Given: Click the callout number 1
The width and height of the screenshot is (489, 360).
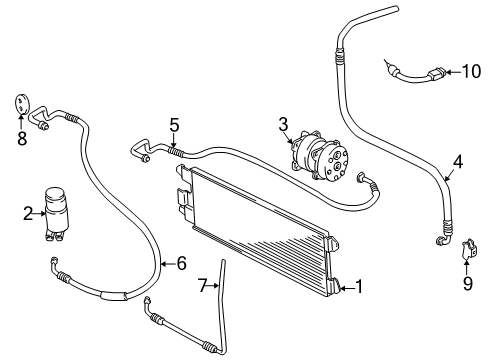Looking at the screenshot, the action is pos(359,286).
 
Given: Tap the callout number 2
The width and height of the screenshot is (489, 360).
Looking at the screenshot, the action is pos(28,213).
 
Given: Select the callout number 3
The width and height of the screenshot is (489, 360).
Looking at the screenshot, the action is pos(283,124).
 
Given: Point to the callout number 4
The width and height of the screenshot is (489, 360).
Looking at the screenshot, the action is pos(458,162).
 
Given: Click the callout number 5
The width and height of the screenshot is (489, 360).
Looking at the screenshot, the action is pos(174,125).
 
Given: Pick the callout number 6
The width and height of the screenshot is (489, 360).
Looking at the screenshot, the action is pos(182,263).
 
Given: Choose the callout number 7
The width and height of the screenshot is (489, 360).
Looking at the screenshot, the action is pos(203,286).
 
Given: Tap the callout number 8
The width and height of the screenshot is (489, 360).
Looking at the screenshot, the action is pos(22,138).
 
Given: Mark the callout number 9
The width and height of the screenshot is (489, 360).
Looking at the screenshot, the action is pos(468,283).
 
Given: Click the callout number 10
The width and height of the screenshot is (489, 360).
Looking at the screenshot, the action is pos(471,71).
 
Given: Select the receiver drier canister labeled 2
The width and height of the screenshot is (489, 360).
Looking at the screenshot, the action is pos(56,213).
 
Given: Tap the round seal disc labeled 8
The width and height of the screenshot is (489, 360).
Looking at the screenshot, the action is pos(22,104).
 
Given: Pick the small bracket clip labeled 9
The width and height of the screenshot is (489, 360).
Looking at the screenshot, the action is pos(468,249).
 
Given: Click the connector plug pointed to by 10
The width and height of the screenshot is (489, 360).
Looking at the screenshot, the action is pos(436,73).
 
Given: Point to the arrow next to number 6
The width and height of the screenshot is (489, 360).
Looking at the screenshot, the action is pos(168,264).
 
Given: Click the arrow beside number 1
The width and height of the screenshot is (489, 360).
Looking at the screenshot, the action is pos(346,288).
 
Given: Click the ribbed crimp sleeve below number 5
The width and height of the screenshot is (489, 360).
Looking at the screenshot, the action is pos(175,152).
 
